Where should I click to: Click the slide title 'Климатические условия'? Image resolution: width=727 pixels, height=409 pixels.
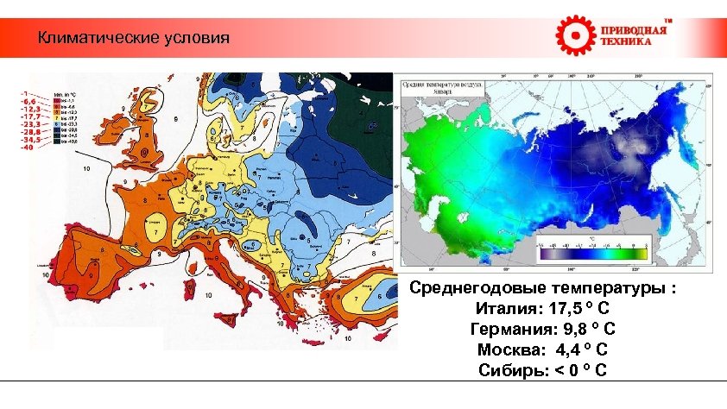[134, 39]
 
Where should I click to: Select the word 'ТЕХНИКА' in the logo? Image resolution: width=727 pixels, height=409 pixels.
[628, 42]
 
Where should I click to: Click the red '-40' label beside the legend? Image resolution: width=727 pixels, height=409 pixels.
[28, 147]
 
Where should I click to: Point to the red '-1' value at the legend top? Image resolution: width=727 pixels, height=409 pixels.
[27, 91]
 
